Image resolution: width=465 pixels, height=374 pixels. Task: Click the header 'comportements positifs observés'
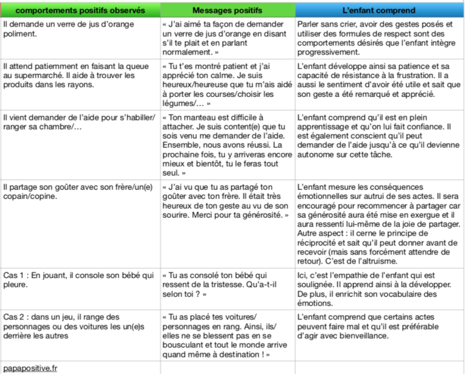pyautogui.click(x=81, y=10)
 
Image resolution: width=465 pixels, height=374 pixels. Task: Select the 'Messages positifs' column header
pyautogui.click(x=228, y=10)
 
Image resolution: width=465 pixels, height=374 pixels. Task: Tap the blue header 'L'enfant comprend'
pyautogui.click(x=379, y=10)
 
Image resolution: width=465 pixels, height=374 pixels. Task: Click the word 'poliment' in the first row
pyautogui.click(x=19, y=34)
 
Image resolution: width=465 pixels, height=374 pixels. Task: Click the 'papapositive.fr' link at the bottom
pyautogui.click(x=30, y=367)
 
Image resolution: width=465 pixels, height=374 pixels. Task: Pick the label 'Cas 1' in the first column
pyautogui.click(x=14, y=275)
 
